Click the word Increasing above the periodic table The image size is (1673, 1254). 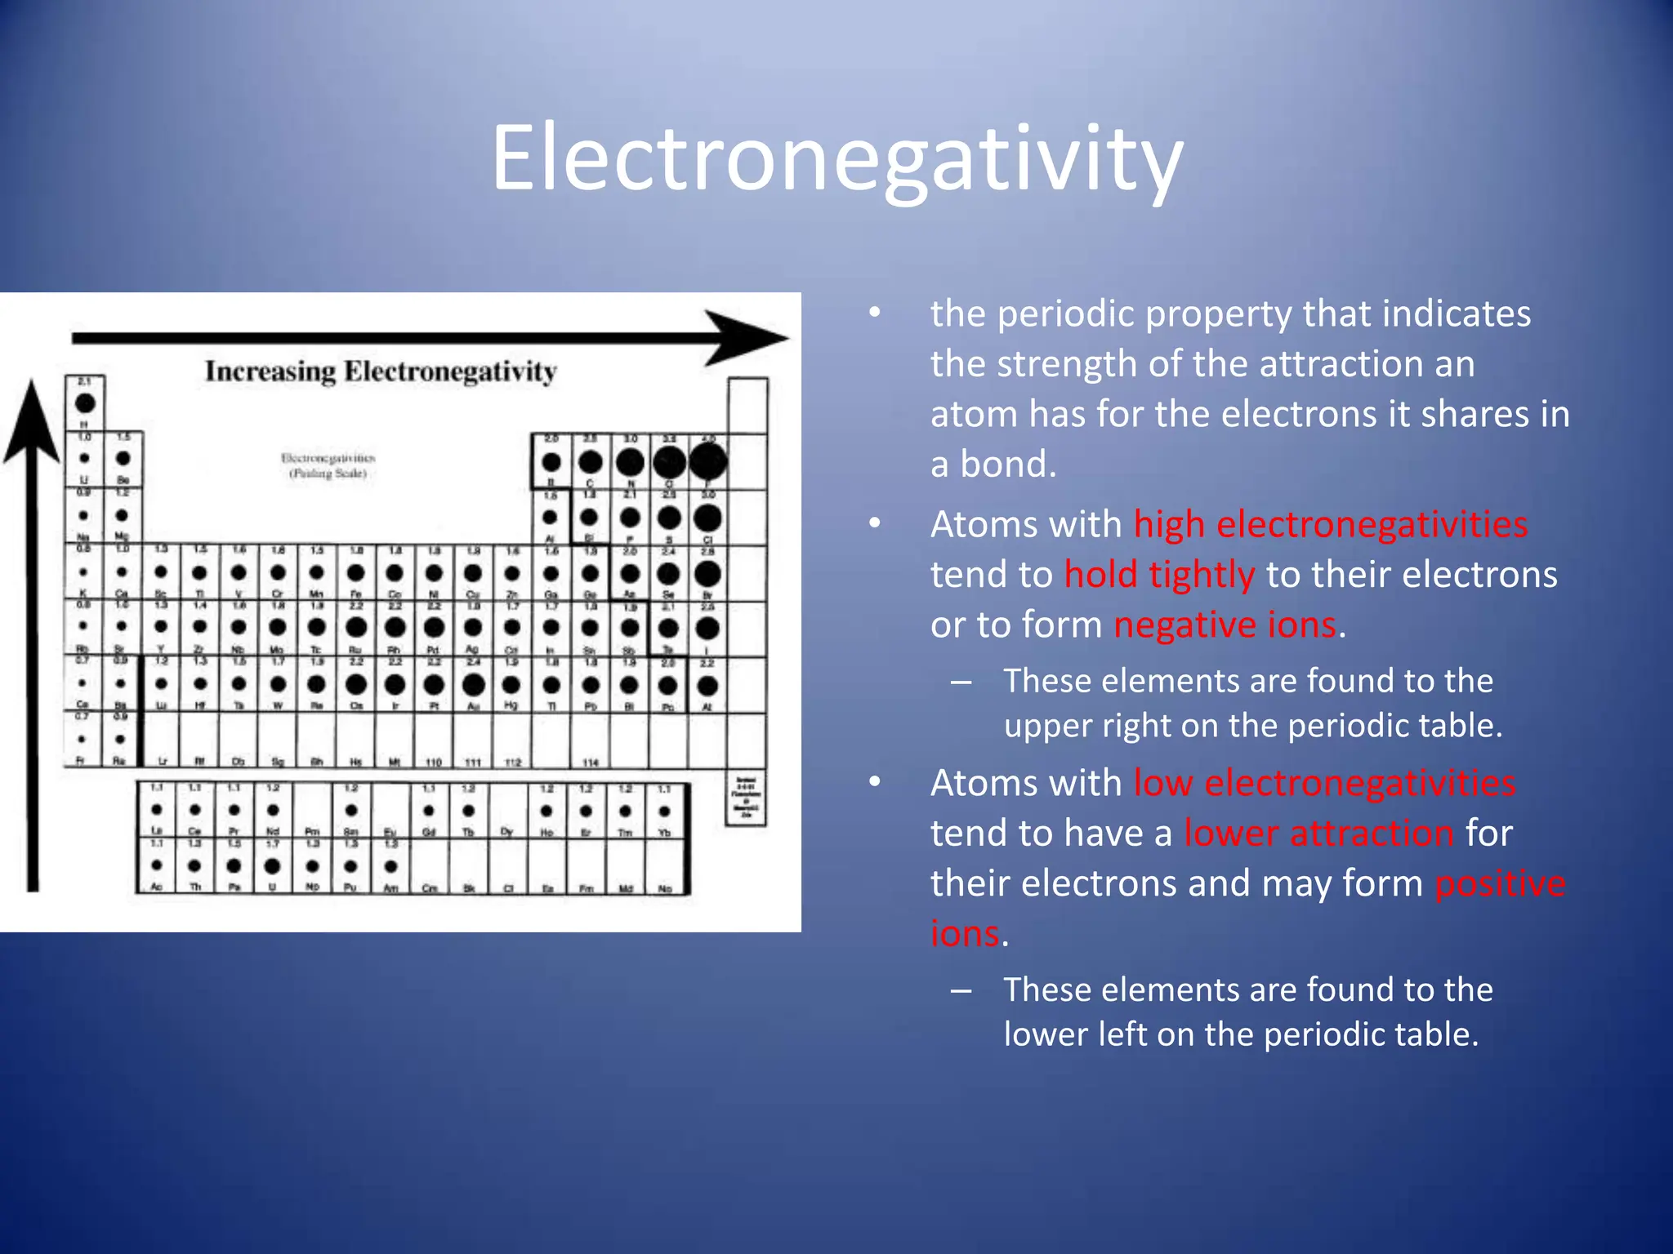coord(270,371)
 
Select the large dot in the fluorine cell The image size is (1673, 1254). coord(708,461)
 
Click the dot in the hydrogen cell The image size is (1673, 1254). coord(85,402)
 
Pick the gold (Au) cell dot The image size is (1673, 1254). coord(473,684)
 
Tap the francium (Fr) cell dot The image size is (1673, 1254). coord(82,740)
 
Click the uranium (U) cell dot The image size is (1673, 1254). coord(273,865)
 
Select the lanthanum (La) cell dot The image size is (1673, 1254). coord(157,810)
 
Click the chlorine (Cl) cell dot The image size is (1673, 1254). coord(707,517)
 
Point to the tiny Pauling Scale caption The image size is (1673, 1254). coord(328,474)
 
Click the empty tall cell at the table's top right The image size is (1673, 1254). coord(747,406)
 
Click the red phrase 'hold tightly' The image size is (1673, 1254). coord(1159,575)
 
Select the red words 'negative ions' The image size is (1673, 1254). coord(1225,625)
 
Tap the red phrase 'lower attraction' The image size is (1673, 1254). coord(1318,834)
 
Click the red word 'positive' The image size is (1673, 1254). coord(1500,884)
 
